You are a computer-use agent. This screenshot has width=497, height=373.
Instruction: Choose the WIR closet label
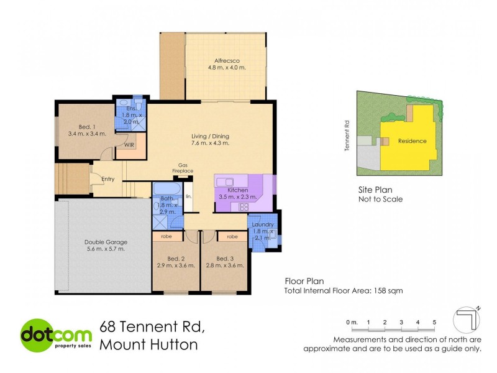click(129, 145)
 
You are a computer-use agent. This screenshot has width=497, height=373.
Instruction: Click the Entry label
click(108, 180)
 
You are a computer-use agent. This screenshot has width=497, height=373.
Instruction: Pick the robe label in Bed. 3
click(232, 237)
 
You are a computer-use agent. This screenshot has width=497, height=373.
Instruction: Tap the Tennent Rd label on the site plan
click(349, 136)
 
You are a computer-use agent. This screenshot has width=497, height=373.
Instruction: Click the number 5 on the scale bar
click(435, 322)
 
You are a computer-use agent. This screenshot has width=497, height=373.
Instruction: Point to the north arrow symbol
click(467, 319)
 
